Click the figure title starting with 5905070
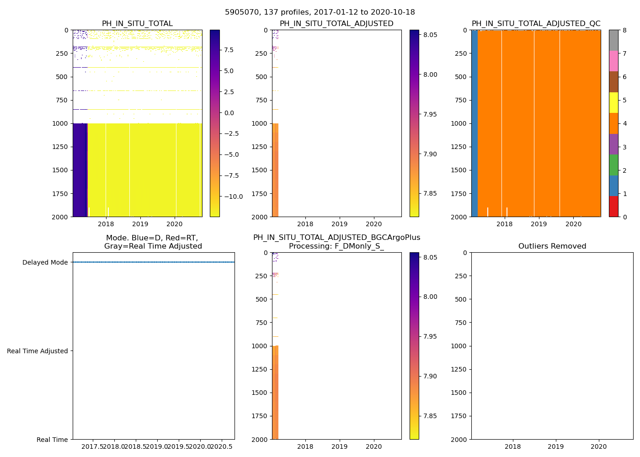point(320,12)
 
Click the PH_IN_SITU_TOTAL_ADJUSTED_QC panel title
point(536,24)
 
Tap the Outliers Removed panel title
point(552,246)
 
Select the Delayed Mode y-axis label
point(45,262)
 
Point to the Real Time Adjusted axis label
point(37,351)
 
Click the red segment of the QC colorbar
point(613,206)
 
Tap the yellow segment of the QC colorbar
point(613,102)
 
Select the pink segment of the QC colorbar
point(613,61)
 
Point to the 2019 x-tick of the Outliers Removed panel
point(555,446)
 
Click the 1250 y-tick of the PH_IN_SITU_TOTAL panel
point(60,147)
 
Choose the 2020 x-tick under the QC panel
point(573,224)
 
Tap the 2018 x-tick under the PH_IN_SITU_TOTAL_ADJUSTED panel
point(305,224)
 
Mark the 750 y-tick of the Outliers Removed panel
point(461,323)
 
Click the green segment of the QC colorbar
point(613,165)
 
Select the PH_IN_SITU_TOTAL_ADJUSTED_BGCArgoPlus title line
point(336,238)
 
